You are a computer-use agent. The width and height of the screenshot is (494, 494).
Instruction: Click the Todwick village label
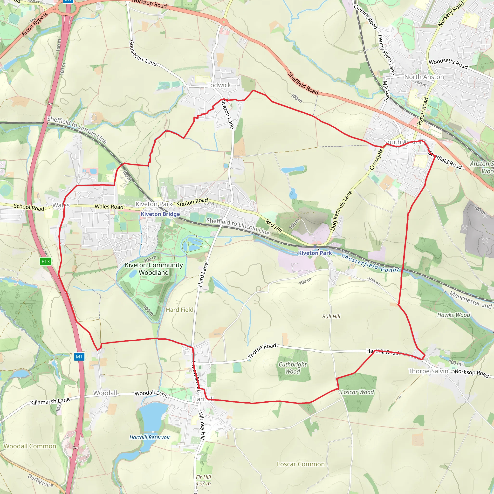pyautogui.click(x=219, y=85)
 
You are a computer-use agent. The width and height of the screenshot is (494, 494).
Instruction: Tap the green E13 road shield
pyautogui.click(x=46, y=261)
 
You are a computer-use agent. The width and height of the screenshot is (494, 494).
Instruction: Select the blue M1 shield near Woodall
pyautogui.click(x=79, y=357)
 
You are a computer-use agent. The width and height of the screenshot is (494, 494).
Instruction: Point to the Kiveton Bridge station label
pyautogui.click(x=160, y=214)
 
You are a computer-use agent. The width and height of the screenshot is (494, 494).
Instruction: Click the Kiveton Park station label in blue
pyautogui.click(x=315, y=253)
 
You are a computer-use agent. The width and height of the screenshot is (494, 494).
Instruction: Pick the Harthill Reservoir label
pyautogui.click(x=150, y=437)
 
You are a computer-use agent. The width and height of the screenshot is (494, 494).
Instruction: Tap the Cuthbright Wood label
pyautogui.click(x=293, y=368)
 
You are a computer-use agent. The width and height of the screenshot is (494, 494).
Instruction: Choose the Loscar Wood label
pyautogui.click(x=357, y=392)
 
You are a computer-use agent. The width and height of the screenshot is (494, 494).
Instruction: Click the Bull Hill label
pyautogui.click(x=331, y=316)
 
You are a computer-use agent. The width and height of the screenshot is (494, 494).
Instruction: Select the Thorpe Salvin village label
pyautogui.click(x=428, y=371)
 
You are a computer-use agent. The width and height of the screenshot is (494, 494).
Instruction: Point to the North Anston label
pyautogui.click(x=424, y=77)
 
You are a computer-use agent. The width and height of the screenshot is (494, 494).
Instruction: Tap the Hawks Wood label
pyautogui.click(x=454, y=315)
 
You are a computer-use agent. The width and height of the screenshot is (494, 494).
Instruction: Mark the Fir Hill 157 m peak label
pyautogui.click(x=204, y=480)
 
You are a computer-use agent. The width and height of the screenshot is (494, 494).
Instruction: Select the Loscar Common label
pyautogui.click(x=301, y=464)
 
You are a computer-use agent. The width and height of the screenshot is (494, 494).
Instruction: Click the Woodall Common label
pyautogui.click(x=30, y=446)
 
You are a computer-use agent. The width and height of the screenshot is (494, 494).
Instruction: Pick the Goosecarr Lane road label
pyautogui.click(x=143, y=53)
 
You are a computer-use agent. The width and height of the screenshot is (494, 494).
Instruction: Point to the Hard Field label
pyautogui.click(x=179, y=310)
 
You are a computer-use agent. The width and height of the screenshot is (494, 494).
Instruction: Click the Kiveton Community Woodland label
pyautogui.click(x=154, y=269)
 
